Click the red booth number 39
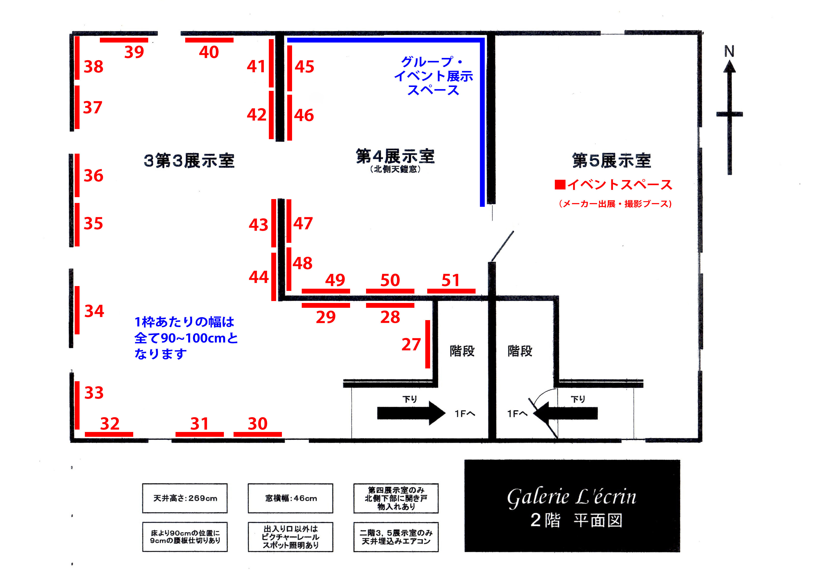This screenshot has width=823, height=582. coord(134,52)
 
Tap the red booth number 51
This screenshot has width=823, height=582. coord(450,280)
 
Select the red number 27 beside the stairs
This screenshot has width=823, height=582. coord(411,345)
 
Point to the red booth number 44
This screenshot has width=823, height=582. coord(258,277)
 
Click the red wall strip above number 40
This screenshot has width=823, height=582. coord(209,40)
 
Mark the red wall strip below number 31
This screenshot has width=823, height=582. coord(199,434)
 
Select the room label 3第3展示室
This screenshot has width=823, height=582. coord(189,161)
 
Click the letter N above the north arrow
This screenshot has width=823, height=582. coord(729,51)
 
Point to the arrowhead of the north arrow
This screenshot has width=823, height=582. coord(729,67)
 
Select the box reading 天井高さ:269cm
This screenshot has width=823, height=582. coord(185,498)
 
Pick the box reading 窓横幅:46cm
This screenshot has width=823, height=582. coord(290,498)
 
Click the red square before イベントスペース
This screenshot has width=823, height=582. coord(560,185)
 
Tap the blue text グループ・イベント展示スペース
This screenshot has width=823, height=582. coord(433,76)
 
